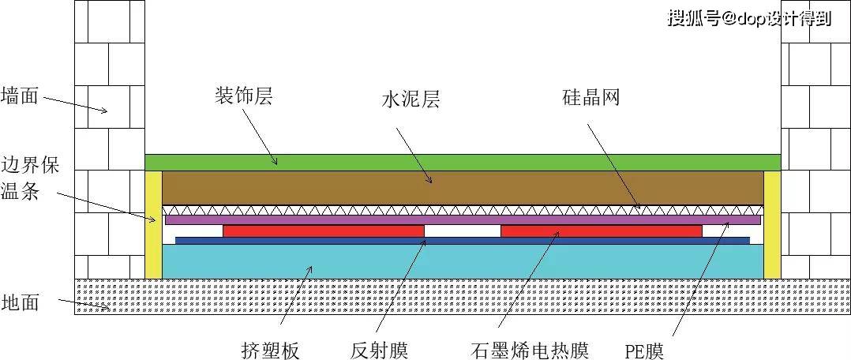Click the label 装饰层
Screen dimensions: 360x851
(248, 96)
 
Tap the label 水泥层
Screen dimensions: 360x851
(410, 100)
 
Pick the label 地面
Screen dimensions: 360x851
(19, 302)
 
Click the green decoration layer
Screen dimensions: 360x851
(463, 162)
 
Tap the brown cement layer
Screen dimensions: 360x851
(463, 187)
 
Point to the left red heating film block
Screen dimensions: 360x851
(323, 231)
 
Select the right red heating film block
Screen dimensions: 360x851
(601, 231)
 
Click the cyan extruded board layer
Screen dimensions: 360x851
(463, 261)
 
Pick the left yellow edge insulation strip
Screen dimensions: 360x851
(153, 224)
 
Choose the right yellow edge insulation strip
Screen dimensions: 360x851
(771, 224)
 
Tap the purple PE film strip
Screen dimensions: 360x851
(463, 219)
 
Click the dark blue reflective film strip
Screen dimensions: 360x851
(463, 240)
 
